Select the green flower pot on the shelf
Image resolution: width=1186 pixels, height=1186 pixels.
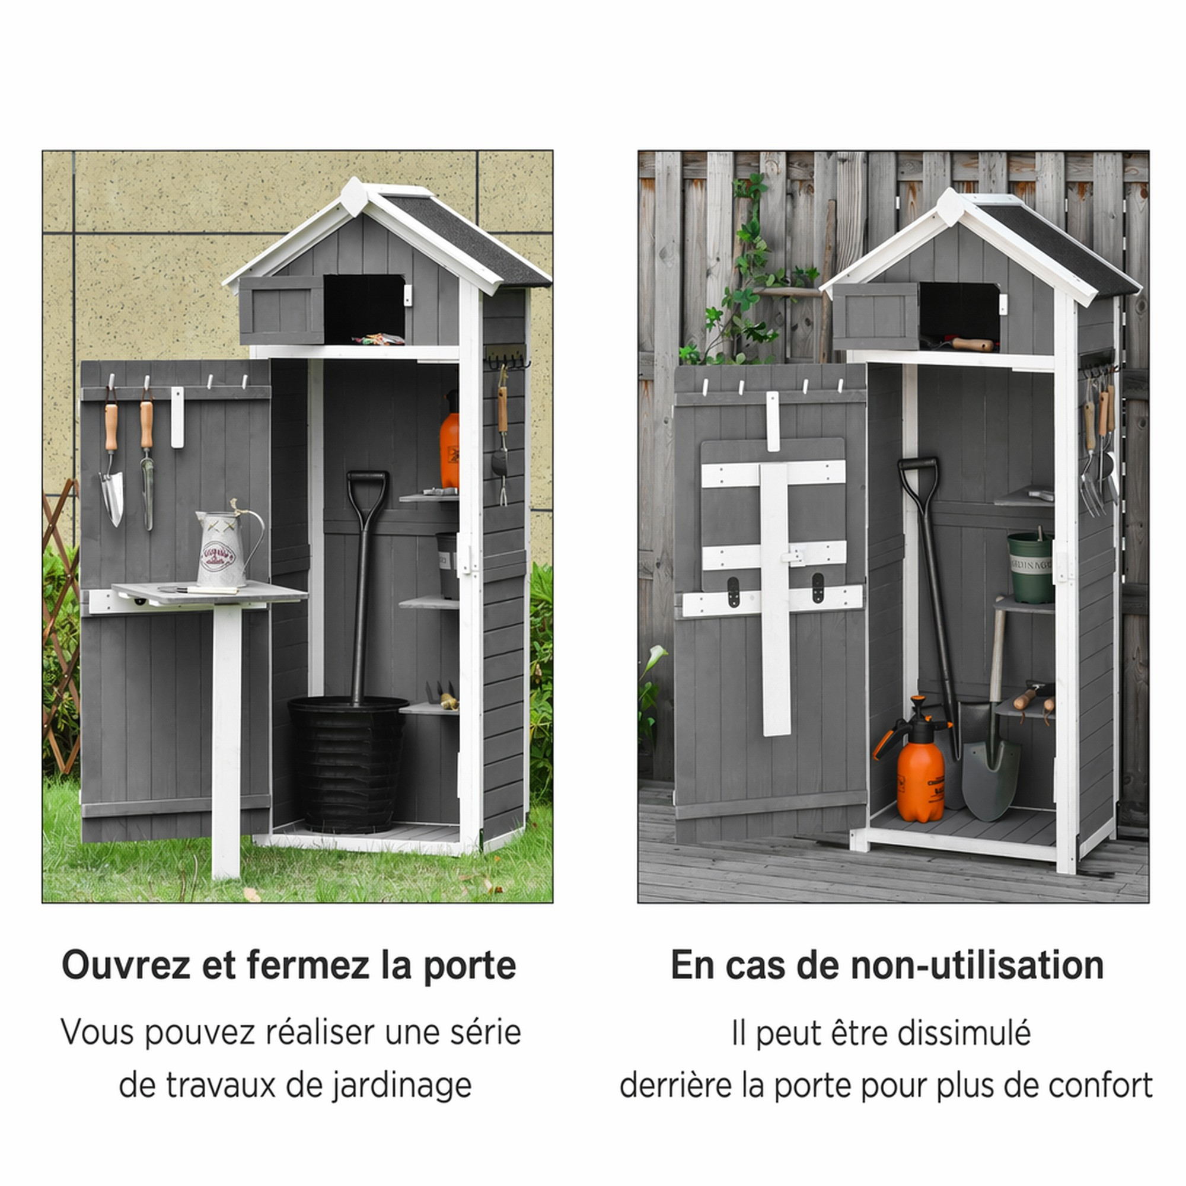[x=1031, y=568]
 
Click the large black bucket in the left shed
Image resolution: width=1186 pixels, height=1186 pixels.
[x=347, y=764]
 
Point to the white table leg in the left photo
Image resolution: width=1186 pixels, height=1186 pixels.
[x=226, y=743]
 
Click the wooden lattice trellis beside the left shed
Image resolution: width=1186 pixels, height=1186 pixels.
[x=60, y=626]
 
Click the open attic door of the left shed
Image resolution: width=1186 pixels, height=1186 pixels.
[x=282, y=310]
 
